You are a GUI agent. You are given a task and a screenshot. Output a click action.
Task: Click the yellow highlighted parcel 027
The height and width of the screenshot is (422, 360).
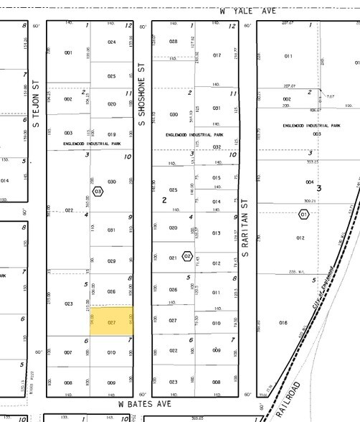[x=112, y=323]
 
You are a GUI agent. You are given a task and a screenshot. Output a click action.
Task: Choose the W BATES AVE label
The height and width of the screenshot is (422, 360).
[x=140, y=404]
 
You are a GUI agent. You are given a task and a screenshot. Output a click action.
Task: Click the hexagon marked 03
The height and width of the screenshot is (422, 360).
[x=98, y=192]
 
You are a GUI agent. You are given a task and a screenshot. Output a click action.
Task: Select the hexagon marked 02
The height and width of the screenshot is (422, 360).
[x=188, y=255]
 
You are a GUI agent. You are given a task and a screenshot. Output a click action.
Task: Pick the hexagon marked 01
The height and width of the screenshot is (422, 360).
[x=303, y=214]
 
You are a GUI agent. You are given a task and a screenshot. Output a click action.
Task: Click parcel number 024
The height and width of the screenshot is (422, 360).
[x=112, y=42]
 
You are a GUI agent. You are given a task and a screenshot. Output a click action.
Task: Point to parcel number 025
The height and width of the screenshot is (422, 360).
[x=112, y=76]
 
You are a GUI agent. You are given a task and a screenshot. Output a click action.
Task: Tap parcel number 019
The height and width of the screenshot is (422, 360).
[x=112, y=134]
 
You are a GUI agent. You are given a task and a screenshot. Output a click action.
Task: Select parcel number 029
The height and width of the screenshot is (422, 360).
[x=112, y=261]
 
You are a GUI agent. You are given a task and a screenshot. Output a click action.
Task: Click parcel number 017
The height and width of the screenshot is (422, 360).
[x=217, y=55]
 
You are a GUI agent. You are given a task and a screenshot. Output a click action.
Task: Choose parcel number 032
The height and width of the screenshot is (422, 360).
[x=217, y=146]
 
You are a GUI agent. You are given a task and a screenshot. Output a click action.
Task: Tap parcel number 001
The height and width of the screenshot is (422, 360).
[x=69, y=53]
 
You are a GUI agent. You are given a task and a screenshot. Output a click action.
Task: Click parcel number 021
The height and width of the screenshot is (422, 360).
[x=173, y=258]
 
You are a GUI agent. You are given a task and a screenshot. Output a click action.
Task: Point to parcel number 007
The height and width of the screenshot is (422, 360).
[x=69, y=352]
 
